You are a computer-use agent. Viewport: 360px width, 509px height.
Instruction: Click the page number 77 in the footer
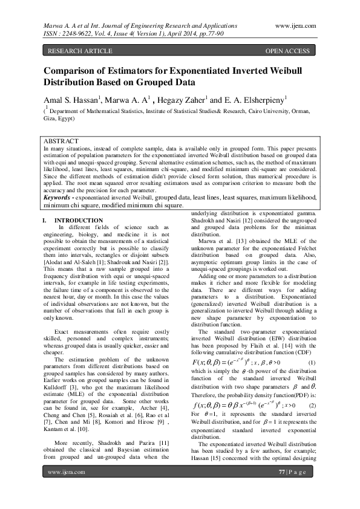tap(282, 488)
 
